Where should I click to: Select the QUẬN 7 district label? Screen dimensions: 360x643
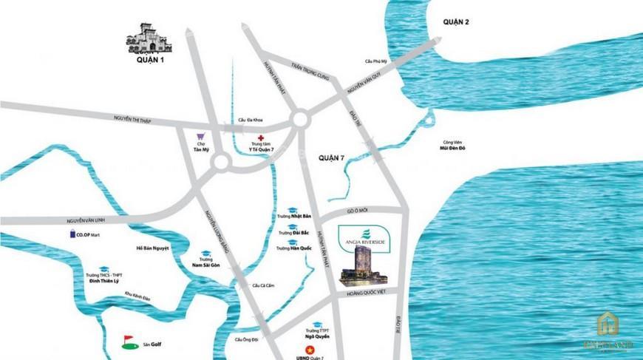332,157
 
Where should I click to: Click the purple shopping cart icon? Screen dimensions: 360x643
199,137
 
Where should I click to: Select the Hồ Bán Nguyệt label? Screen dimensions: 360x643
153,248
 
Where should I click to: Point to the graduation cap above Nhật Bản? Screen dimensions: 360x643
293,209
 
